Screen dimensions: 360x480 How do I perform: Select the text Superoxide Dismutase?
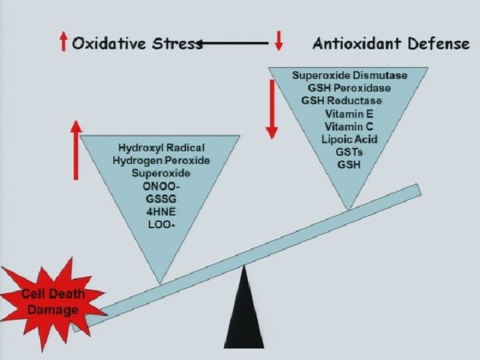tap(349, 75)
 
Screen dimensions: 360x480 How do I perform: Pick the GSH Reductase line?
tap(341, 101)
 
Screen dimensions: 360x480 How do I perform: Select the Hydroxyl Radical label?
tap(161, 147)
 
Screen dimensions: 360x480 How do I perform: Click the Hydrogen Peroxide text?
tap(161, 161)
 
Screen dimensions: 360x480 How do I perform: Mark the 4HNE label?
tap(161, 211)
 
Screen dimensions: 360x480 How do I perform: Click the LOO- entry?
tap(161, 224)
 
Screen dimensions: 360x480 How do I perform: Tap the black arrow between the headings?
tap(233, 44)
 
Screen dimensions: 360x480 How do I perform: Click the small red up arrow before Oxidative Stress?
tap(63, 43)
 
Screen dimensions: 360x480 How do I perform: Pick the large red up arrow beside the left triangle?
tap(76, 150)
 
